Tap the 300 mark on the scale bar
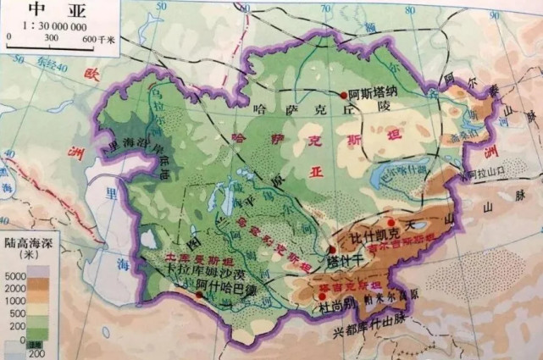(51, 38)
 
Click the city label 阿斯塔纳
(373, 95)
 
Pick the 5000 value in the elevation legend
(15, 276)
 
